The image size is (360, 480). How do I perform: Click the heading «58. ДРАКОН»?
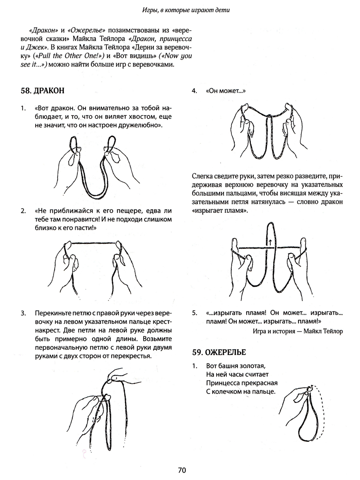coord(42,90)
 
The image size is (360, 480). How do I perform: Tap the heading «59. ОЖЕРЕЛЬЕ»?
coord(219,352)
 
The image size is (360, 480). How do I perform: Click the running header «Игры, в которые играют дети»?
coord(186,10)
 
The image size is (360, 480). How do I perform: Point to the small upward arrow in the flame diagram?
coord(270,242)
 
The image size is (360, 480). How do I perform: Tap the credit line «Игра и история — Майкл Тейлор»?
coord(298,331)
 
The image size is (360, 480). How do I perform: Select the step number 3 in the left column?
coord(23,313)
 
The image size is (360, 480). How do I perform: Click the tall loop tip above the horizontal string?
coord(271,223)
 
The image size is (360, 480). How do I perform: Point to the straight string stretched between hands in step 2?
coord(94,243)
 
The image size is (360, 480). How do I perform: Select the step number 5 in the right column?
coord(194,313)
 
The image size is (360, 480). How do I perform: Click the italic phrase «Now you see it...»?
coord(106,60)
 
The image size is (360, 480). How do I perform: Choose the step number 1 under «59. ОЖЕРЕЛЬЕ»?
coord(194,365)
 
